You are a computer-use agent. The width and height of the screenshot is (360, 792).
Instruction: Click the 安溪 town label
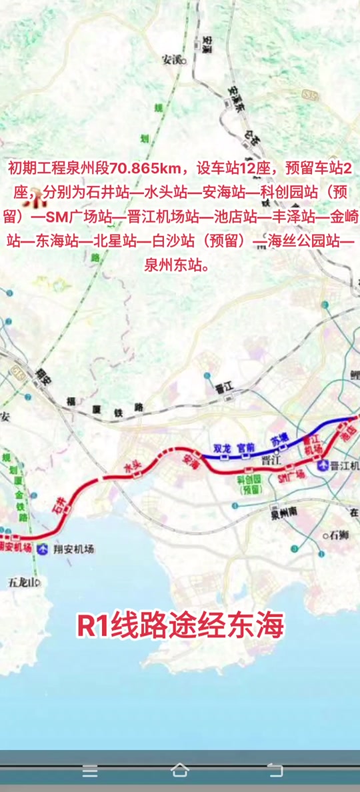point(171,59)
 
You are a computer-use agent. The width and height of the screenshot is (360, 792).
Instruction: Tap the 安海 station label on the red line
point(191,458)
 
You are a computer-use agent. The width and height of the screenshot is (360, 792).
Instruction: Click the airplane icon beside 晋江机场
point(323,465)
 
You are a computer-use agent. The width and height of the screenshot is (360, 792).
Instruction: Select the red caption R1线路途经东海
point(180,625)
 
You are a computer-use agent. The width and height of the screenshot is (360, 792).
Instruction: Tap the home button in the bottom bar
point(180,771)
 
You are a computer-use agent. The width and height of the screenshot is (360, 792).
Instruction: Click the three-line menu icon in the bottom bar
point(90,771)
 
